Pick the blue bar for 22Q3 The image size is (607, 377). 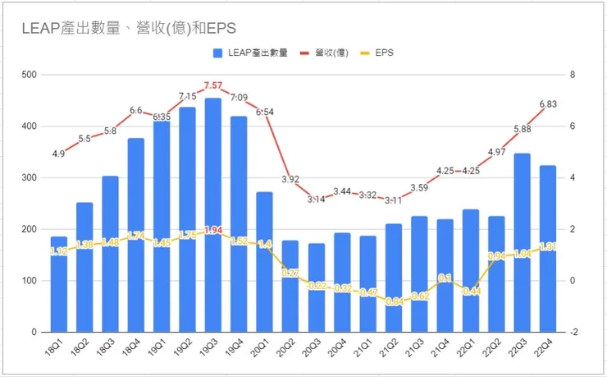(522, 242)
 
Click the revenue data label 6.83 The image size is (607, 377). (548, 103)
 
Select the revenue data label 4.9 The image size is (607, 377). (59, 154)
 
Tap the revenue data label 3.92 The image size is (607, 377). (290, 178)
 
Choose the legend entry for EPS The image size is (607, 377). (384, 53)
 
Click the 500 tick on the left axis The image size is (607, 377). (30, 75)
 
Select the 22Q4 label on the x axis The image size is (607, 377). (546, 351)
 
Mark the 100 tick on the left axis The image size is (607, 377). (30, 281)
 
